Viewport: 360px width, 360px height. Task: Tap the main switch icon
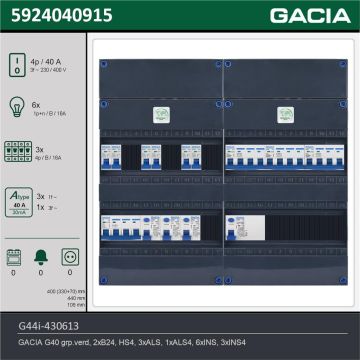17,61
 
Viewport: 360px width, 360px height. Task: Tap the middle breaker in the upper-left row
151,156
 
